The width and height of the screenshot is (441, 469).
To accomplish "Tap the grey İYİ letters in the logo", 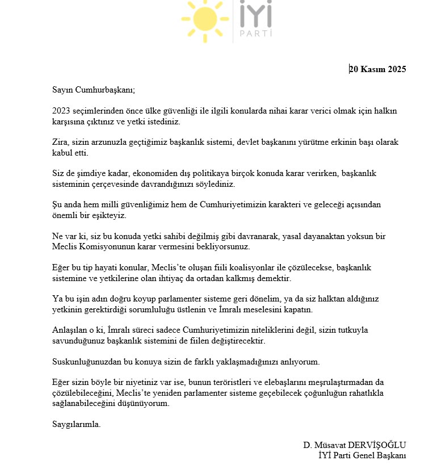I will click(255, 14).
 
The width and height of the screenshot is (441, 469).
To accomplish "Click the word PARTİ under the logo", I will click(255, 34).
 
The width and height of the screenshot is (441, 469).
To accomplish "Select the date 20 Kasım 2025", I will click(377, 70).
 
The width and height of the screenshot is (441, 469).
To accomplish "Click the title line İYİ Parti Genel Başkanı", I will click(362, 455).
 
